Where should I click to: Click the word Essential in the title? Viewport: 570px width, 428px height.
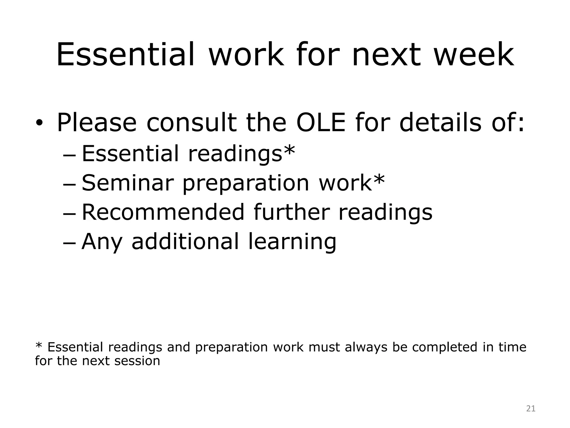[x=125, y=55]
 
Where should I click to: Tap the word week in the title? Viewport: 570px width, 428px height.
[x=474, y=55]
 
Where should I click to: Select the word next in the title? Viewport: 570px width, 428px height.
[x=387, y=55]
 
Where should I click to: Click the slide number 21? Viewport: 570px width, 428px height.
[x=531, y=408]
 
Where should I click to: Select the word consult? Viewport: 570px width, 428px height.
[x=191, y=123]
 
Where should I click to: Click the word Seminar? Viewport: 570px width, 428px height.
[x=128, y=183]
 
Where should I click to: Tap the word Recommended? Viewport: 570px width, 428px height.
[x=163, y=212]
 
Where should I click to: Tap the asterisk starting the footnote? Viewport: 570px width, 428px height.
[x=39, y=346]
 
